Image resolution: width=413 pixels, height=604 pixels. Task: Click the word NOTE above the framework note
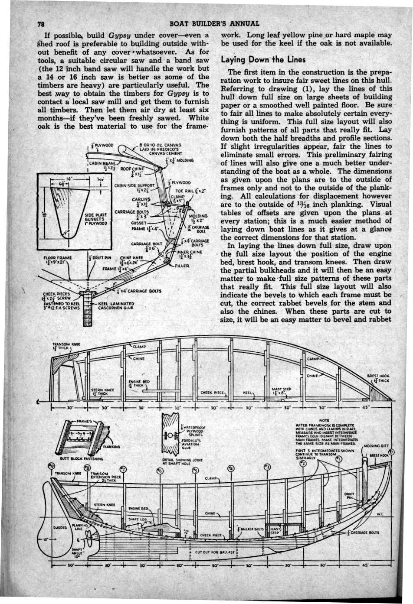click(324, 420)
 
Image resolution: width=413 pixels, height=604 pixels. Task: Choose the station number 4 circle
click(230, 469)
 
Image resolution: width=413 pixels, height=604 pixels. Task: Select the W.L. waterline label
click(379, 514)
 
